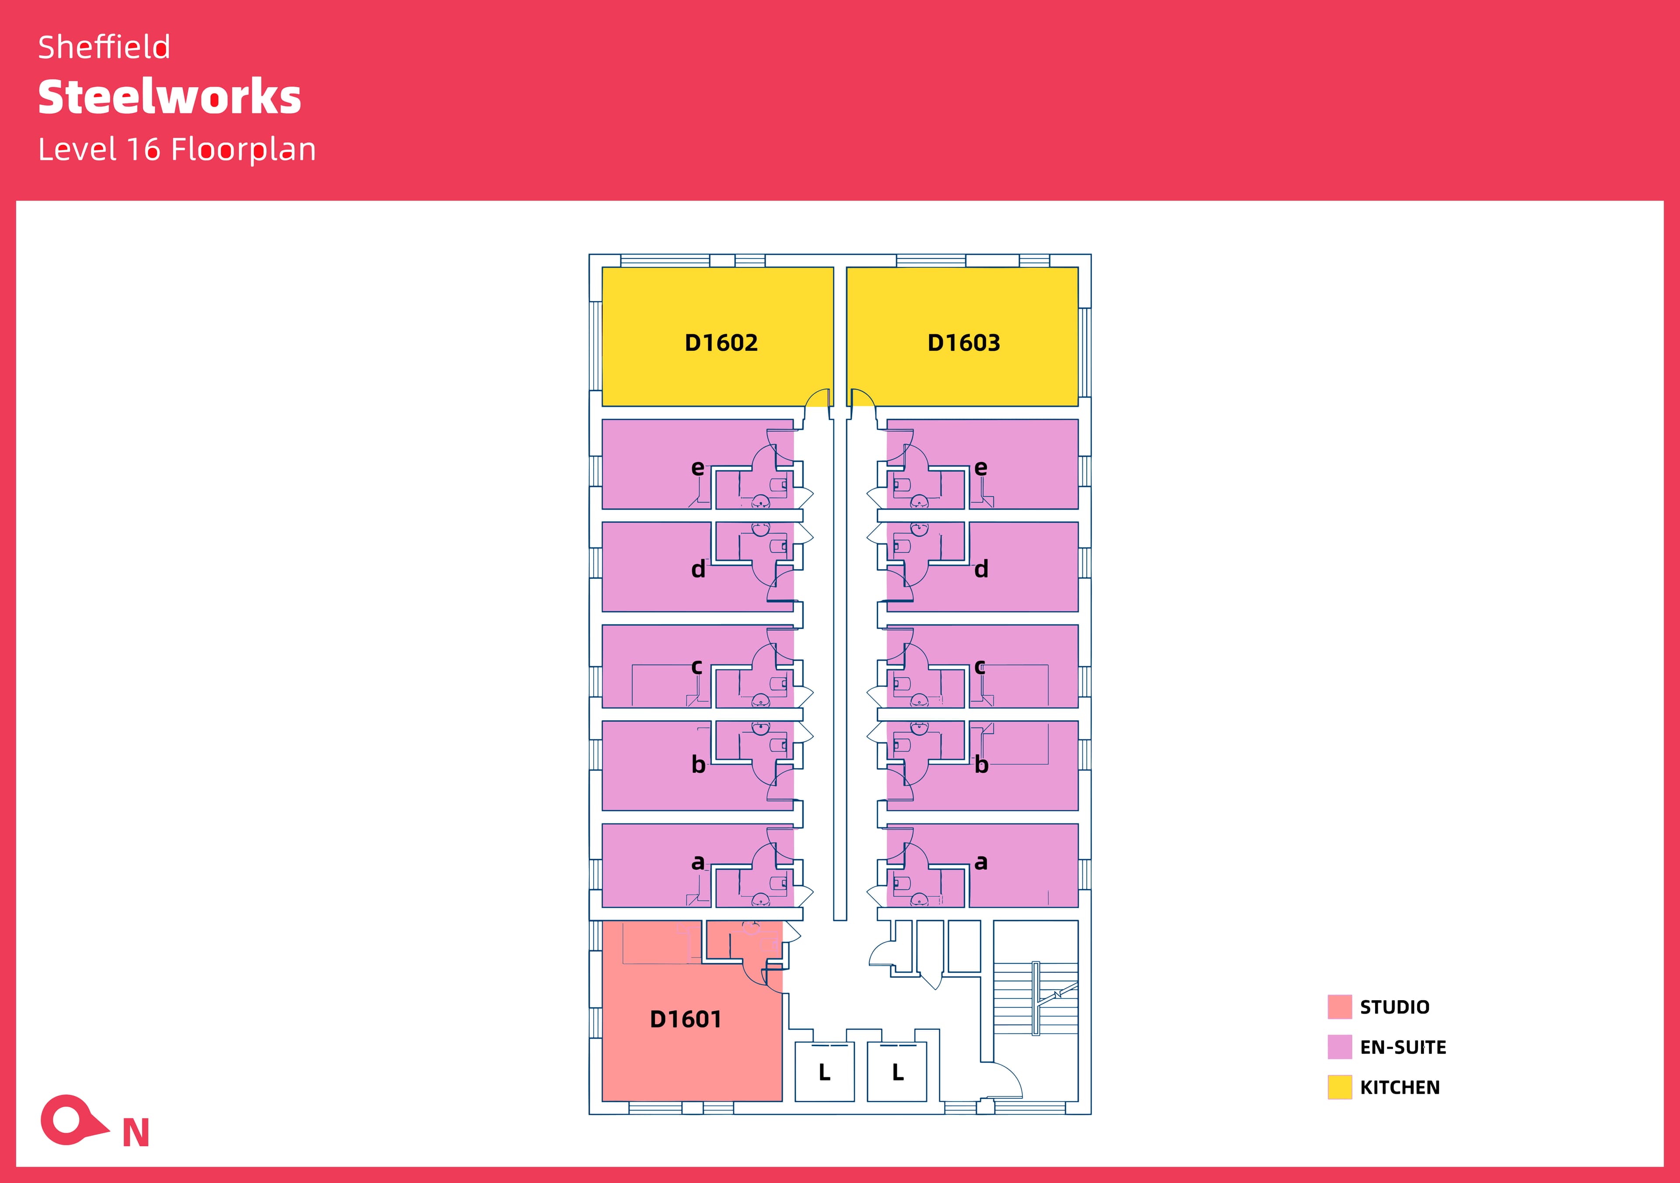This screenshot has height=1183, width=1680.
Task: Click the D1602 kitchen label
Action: tap(721, 343)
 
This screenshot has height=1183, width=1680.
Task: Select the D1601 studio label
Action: tap(686, 1019)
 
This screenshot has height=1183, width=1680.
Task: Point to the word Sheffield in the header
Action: tap(104, 48)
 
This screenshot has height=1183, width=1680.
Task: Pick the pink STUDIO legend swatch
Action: tap(1339, 1007)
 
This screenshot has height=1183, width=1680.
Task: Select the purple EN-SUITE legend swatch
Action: tap(1339, 1047)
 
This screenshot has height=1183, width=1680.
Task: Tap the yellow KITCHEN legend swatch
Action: tap(1339, 1087)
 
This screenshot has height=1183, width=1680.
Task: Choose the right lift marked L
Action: tap(898, 1072)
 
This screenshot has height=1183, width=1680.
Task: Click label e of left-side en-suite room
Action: tap(697, 468)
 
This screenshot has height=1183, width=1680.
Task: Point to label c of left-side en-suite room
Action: tap(696, 666)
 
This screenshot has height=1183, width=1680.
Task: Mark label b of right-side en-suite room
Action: tap(981, 764)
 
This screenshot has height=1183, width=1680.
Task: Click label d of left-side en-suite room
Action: tap(698, 569)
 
